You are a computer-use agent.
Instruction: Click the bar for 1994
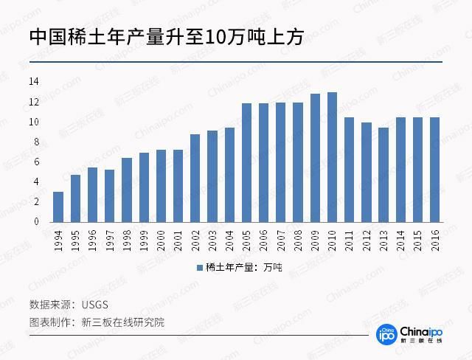pos(58,207)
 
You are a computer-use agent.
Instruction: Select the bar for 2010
pos(332,157)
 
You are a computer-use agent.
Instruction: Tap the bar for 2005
pos(246,162)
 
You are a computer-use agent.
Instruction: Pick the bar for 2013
pos(383,175)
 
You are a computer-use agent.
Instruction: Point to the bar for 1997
pos(109,195)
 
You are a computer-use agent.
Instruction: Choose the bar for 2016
pos(435,170)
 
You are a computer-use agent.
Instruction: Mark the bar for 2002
pos(195,178)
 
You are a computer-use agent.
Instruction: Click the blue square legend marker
pos(199,267)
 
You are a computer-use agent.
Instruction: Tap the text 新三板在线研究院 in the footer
pos(123,322)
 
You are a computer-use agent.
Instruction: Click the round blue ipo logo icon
pos(387,333)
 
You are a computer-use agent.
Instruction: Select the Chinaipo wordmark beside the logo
pos(421,331)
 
